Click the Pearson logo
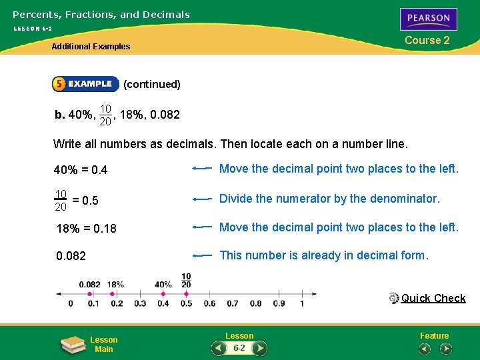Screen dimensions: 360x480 pyautogui.click(x=429, y=19)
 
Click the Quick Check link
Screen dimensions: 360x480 pyautogui.click(x=433, y=298)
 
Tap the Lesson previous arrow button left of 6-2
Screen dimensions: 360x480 pyautogui.click(x=219, y=348)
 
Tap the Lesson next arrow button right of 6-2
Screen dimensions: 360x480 pyautogui.click(x=260, y=348)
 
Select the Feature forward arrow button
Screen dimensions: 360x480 pyautogui.click(x=446, y=348)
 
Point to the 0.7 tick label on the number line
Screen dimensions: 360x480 pyautogui.click(x=233, y=304)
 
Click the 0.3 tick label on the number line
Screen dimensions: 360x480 pyautogui.click(x=140, y=304)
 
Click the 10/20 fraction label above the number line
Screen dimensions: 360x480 pyautogui.click(x=186, y=281)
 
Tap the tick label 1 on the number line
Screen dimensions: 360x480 pyautogui.click(x=302, y=304)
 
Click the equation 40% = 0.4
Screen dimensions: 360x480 pyautogui.click(x=81, y=170)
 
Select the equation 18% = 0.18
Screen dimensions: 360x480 pyautogui.click(x=87, y=229)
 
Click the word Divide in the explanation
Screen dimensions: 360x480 pyautogui.click(x=235, y=199)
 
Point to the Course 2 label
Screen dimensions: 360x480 pyautogui.click(x=427, y=40)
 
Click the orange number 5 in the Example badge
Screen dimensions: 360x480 pyautogui.click(x=59, y=84)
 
